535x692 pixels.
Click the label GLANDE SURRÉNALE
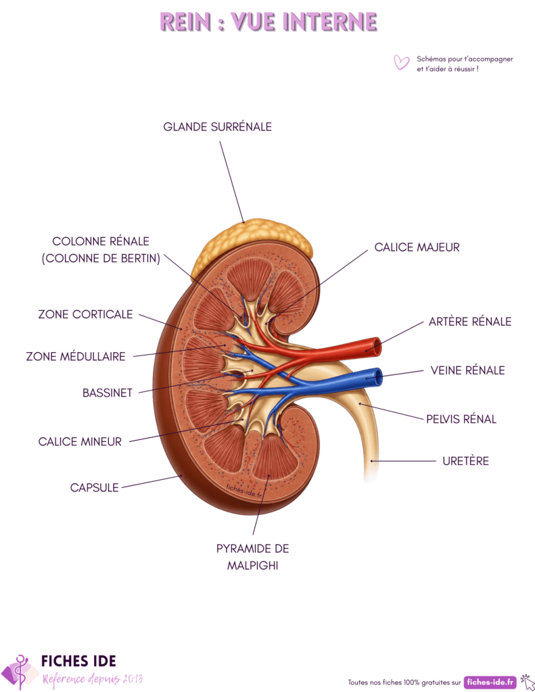pyautogui.click(x=217, y=126)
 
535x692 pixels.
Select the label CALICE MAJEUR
pyautogui.click(x=417, y=247)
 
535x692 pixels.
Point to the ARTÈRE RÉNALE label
pyautogui.click(x=470, y=321)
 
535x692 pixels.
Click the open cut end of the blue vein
pyautogui.click(x=377, y=377)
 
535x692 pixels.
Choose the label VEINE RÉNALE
pyautogui.click(x=467, y=370)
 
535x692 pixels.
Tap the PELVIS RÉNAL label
pyautogui.click(x=461, y=419)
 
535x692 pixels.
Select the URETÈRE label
pyautogui.click(x=465, y=461)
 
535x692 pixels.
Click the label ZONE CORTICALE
pyautogui.click(x=85, y=314)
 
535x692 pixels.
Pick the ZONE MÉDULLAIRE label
pyautogui.click(x=76, y=356)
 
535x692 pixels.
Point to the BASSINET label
pyautogui.click(x=108, y=393)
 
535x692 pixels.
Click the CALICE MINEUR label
pyautogui.click(x=80, y=442)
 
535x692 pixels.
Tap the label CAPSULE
pyautogui.click(x=94, y=488)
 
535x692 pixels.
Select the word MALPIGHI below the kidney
pyautogui.click(x=253, y=566)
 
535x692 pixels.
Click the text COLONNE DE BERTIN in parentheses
pyautogui.click(x=101, y=258)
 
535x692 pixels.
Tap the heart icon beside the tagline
pyautogui.click(x=401, y=62)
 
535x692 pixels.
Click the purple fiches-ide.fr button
pyautogui.click(x=490, y=683)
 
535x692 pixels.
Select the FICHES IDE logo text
pyautogui.click(x=78, y=661)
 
